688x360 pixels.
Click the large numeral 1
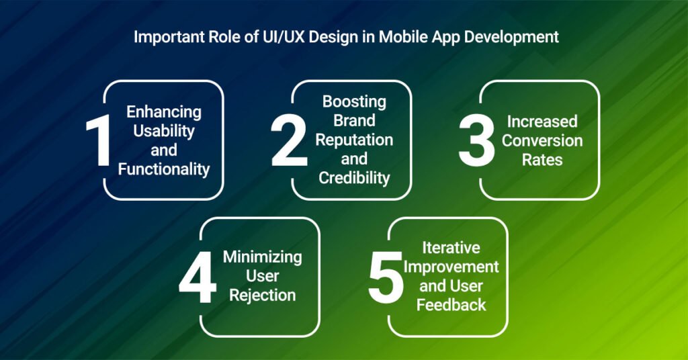99,141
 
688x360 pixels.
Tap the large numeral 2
289,141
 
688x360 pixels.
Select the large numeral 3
477,141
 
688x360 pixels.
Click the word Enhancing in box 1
164,112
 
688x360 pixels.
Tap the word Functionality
164,169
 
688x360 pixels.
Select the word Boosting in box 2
354,102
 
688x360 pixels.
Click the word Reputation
354,140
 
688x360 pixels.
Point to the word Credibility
354,179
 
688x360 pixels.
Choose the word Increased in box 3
542,122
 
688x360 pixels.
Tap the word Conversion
542,141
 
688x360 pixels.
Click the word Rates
542,161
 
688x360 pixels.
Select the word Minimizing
263,257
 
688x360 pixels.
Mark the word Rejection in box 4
263,296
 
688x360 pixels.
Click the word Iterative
450,247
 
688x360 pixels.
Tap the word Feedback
451,305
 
